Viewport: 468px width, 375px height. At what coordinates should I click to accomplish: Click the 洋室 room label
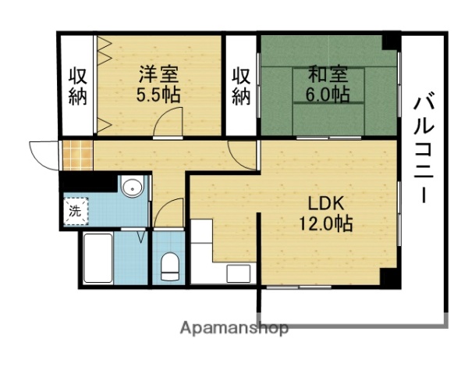(159, 76)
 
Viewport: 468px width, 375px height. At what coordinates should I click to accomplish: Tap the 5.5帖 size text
(159, 95)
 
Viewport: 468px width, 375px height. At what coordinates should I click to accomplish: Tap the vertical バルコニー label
(424, 148)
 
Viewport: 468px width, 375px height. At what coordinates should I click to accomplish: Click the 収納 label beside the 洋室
(77, 86)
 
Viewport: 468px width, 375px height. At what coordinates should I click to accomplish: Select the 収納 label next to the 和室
(242, 86)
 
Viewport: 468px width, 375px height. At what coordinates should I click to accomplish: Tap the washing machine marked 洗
(75, 210)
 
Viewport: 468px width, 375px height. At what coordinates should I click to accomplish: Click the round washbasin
(133, 187)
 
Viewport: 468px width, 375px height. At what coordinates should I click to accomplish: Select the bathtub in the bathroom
(98, 258)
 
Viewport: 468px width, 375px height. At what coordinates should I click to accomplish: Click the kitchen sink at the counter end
(239, 274)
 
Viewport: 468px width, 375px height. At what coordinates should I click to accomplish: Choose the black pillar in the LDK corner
(388, 275)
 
